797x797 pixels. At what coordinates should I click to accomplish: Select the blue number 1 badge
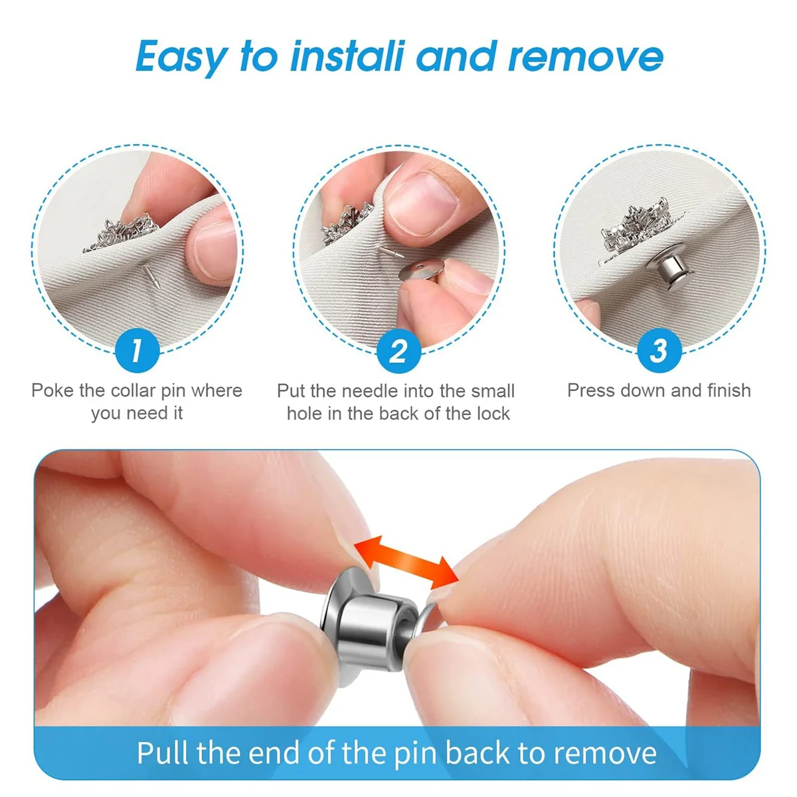coord(137,350)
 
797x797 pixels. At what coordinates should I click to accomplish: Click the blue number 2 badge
coord(398,350)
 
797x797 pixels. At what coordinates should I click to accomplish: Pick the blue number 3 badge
coord(658,350)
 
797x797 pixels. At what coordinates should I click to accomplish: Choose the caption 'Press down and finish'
coord(659,391)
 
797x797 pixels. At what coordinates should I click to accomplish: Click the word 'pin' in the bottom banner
coord(416,753)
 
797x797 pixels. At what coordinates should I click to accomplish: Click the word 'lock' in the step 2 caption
coord(493,413)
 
